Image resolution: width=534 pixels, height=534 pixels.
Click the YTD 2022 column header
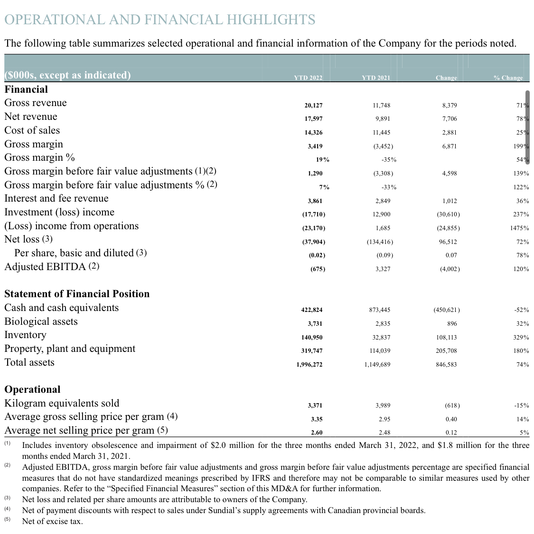pos(308,78)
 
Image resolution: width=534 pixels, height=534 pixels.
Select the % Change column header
pos(508,78)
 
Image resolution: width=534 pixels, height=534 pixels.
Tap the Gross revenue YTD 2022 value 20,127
pos(313,105)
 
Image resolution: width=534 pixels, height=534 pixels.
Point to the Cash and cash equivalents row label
pos(62,308)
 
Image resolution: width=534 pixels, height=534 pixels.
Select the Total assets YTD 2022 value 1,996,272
pos(309,365)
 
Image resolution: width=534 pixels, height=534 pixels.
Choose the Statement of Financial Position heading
pos(77,294)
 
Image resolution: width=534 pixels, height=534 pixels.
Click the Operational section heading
pos(32,389)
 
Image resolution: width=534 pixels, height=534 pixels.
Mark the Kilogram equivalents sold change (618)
pos(452,406)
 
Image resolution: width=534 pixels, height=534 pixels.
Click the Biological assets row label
pos(41,321)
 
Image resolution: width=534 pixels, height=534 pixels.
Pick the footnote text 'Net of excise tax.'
pos(53,521)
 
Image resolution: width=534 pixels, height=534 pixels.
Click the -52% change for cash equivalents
pos(522,310)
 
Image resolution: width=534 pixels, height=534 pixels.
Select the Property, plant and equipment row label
pos(70,349)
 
